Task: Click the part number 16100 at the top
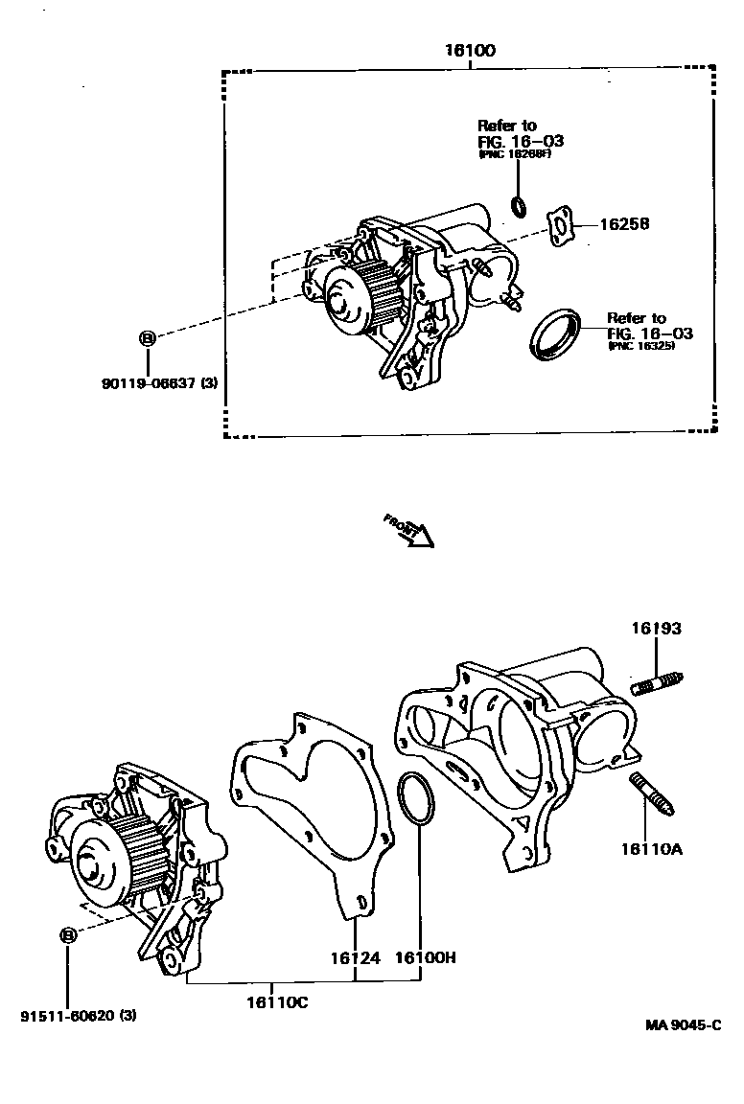[x=469, y=50]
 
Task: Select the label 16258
[x=624, y=224]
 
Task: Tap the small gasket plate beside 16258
[x=560, y=225]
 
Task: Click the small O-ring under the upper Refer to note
[x=519, y=204]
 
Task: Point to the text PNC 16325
[x=640, y=346]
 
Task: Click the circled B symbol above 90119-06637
[x=148, y=337]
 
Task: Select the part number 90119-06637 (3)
[x=159, y=383]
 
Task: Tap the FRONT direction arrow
[x=410, y=530]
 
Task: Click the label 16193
[x=656, y=629]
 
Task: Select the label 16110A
[x=651, y=848]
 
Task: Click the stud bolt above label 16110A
[x=652, y=794]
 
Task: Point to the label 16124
[x=356, y=957]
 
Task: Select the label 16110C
[x=277, y=1001]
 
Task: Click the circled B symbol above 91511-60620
[x=68, y=936]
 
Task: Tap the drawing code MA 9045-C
[x=682, y=1024]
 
